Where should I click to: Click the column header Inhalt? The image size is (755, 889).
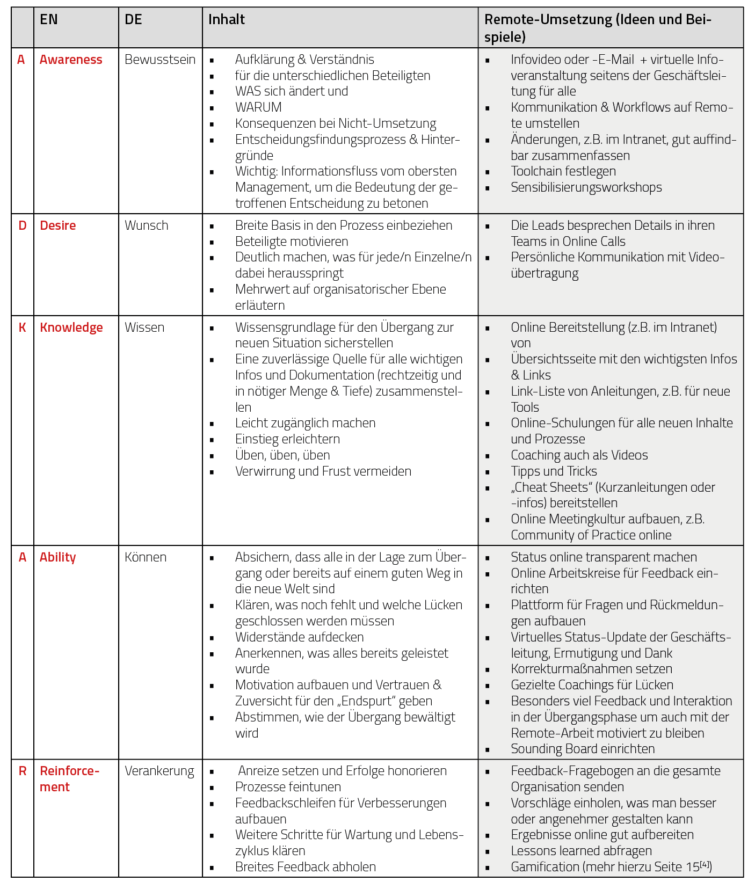[226, 20]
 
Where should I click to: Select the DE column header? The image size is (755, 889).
[133, 20]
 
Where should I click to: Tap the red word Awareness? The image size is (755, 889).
[71, 60]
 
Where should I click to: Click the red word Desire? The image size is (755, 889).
[57, 225]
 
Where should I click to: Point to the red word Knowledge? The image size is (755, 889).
[71, 327]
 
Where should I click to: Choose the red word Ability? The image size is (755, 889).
[57, 557]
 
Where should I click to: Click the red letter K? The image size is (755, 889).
[22, 327]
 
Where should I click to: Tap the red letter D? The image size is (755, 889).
[22, 225]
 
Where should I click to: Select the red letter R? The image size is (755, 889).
[22, 771]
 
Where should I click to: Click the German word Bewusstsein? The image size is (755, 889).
[160, 60]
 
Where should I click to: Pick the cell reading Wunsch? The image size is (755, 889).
[146, 225]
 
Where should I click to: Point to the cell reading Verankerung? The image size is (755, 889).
[159, 771]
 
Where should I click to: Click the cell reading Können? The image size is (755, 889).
[146, 557]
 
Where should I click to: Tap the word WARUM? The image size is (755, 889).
[258, 107]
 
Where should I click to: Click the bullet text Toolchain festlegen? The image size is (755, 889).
[563, 171]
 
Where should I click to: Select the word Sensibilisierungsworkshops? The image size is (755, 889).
[586, 187]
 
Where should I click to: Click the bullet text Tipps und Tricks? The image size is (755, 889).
[554, 471]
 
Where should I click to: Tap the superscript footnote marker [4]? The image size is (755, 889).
[705, 864]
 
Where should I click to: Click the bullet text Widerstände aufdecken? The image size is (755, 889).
[299, 637]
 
